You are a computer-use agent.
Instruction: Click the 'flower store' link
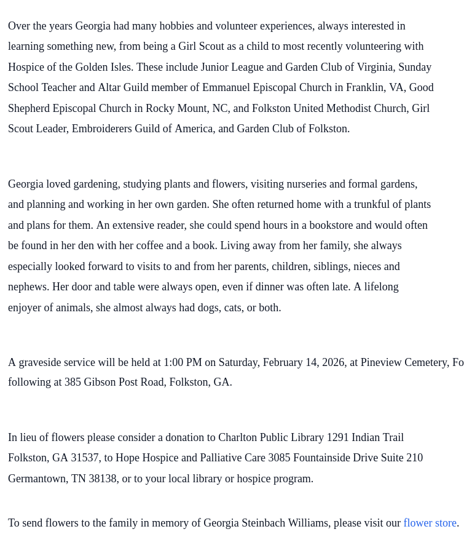430,523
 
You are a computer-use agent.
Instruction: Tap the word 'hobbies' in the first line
177,26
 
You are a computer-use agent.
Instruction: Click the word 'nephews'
27,287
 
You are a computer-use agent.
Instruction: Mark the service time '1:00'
173,362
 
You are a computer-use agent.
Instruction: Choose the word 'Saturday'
240,362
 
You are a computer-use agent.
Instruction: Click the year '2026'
333,362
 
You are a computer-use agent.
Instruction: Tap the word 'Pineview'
381,362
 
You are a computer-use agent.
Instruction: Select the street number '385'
73,382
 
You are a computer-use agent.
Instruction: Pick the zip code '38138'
102,479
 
